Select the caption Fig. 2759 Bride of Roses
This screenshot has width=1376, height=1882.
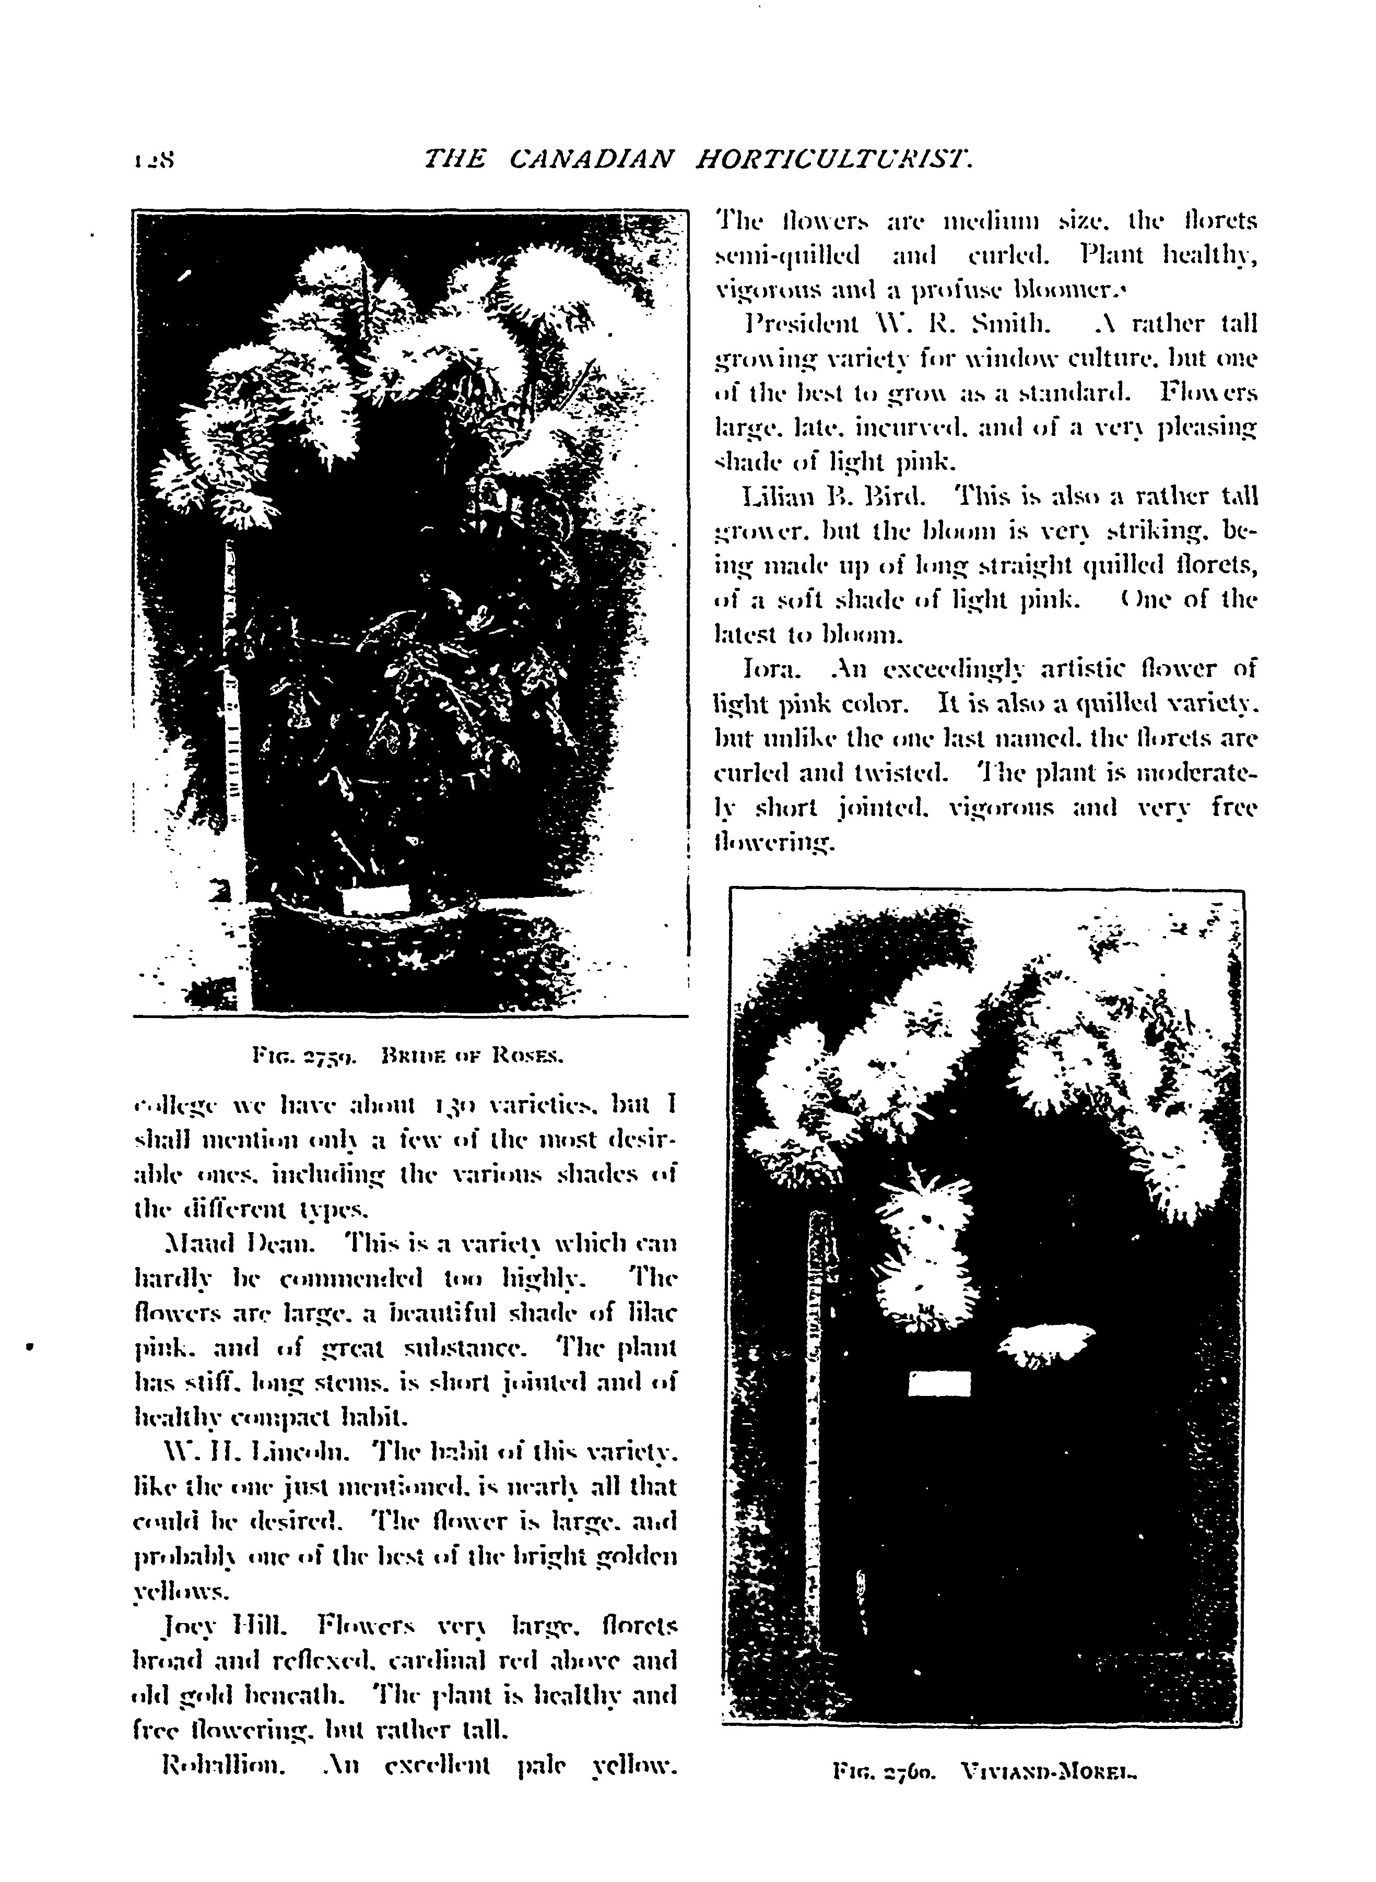408,1058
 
